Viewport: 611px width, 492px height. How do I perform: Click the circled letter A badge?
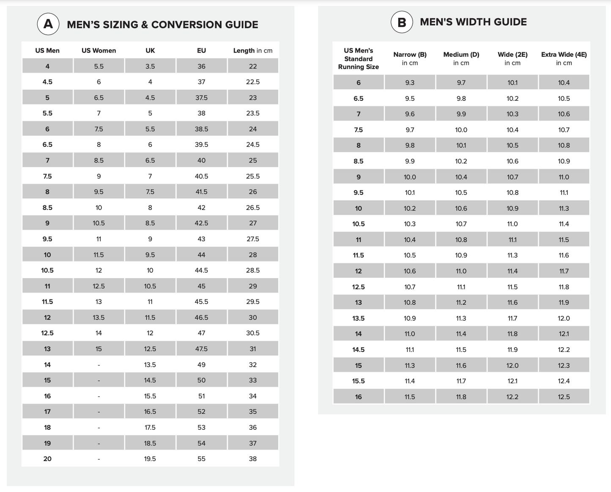(48, 24)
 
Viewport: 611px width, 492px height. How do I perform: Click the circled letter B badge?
(402, 22)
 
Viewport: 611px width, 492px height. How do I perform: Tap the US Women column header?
(99, 50)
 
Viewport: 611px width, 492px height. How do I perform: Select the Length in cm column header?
(252, 50)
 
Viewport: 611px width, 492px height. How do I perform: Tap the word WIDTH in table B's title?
(473, 22)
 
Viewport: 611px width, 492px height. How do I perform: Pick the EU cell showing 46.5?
(201, 318)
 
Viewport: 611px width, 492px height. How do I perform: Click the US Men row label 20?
(47, 459)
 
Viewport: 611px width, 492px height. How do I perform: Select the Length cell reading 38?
(252, 459)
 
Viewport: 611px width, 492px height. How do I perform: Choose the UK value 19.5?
(150, 459)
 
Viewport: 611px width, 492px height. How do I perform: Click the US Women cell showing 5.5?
(99, 66)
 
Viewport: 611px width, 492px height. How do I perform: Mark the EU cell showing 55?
(201, 459)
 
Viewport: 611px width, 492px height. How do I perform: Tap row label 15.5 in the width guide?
(359, 381)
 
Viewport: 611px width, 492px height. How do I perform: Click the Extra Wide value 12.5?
(564, 397)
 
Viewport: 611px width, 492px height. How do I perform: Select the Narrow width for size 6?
(410, 83)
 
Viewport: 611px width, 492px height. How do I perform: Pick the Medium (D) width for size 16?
(461, 397)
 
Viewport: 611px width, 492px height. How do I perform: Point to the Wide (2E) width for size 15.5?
(512, 381)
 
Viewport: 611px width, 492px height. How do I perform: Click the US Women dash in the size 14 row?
(99, 365)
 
